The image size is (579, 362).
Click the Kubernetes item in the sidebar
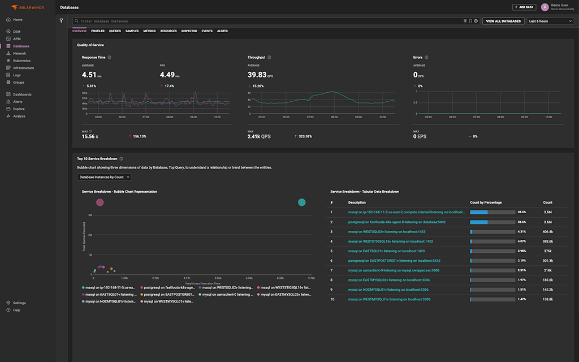[21, 61]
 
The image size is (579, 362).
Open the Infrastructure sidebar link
[23, 68]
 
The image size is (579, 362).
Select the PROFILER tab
[98, 31]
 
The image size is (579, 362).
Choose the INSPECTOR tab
[189, 31]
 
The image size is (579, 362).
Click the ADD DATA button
[524, 7]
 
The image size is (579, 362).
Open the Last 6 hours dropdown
[550, 21]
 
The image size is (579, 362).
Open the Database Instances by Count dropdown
[104, 177]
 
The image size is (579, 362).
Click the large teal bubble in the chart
[302, 202]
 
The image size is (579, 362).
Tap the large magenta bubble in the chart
[100, 202]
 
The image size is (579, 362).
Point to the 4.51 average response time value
[89, 75]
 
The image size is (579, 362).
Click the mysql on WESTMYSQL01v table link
[389, 299]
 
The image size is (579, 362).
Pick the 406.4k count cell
[547, 231]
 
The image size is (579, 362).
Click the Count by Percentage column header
[486, 202]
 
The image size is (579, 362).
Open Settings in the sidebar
[19, 303]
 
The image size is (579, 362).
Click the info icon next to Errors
[427, 57]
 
